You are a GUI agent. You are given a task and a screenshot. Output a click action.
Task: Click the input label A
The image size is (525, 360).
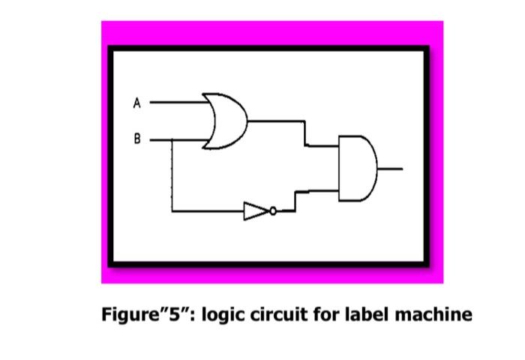[x=136, y=103]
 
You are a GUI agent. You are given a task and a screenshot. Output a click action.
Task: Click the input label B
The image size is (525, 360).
[x=136, y=139]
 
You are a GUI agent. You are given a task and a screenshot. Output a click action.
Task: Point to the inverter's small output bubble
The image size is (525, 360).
[x=273, y=211]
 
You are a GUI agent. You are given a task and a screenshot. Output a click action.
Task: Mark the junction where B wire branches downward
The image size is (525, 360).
[x=173, y=139]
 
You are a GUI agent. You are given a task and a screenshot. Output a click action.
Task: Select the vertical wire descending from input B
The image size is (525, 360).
[x=173, y=176]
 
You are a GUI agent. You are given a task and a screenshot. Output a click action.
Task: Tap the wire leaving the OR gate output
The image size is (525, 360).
[x=277, y=120]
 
